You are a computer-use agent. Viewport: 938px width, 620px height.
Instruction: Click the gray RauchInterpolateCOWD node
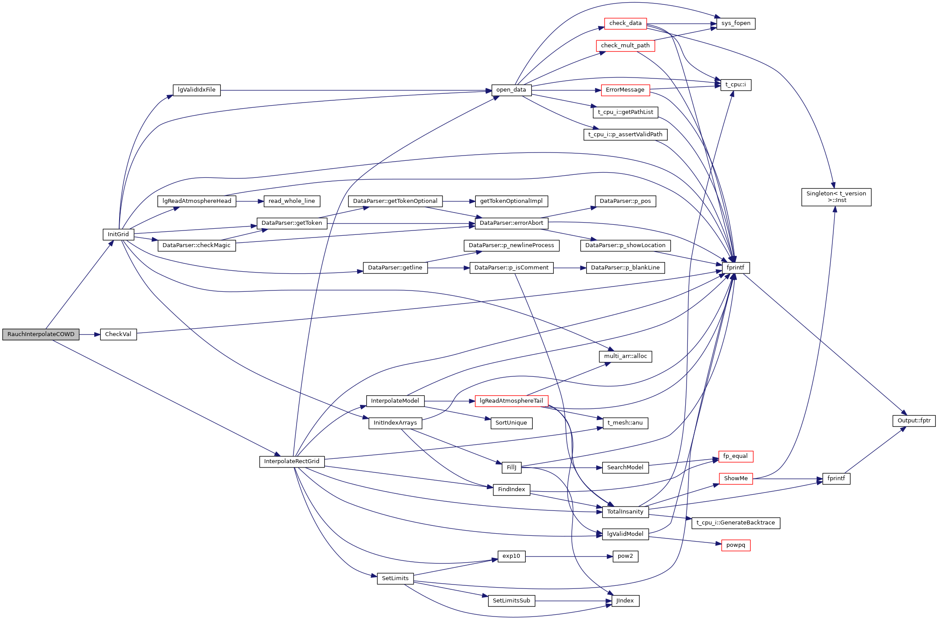[41, 334]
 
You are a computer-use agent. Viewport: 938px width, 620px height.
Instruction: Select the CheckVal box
[118, 334]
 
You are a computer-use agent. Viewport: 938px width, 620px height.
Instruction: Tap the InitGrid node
[118, 234]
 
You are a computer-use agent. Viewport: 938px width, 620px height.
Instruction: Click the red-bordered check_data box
[625, 23]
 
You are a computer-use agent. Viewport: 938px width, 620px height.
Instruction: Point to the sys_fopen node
[736, 23]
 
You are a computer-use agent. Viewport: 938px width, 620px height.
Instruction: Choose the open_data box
[511, 90]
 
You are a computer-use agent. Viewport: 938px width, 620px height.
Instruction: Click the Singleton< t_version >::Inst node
[836, 197]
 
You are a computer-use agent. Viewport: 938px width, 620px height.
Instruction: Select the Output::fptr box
[914, 421]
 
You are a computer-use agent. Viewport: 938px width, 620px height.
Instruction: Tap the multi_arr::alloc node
[625, 356]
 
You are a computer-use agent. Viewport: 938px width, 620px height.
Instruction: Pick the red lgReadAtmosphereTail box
[511, 401]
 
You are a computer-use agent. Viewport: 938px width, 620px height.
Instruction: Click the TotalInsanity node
[625, 512]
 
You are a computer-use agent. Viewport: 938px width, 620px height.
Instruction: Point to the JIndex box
[625, 601]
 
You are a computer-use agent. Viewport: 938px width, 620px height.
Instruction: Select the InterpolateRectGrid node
[292, 461]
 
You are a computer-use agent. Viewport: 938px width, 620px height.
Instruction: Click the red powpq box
[736, 545]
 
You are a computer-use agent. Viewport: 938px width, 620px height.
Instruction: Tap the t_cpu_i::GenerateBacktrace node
[736, 523]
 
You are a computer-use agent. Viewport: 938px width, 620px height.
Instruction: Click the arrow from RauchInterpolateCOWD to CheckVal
[90, 335]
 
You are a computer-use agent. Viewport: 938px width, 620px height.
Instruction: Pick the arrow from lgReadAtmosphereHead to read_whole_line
[250, 202]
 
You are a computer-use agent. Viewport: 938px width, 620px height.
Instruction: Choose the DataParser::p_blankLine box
[625, 268]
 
